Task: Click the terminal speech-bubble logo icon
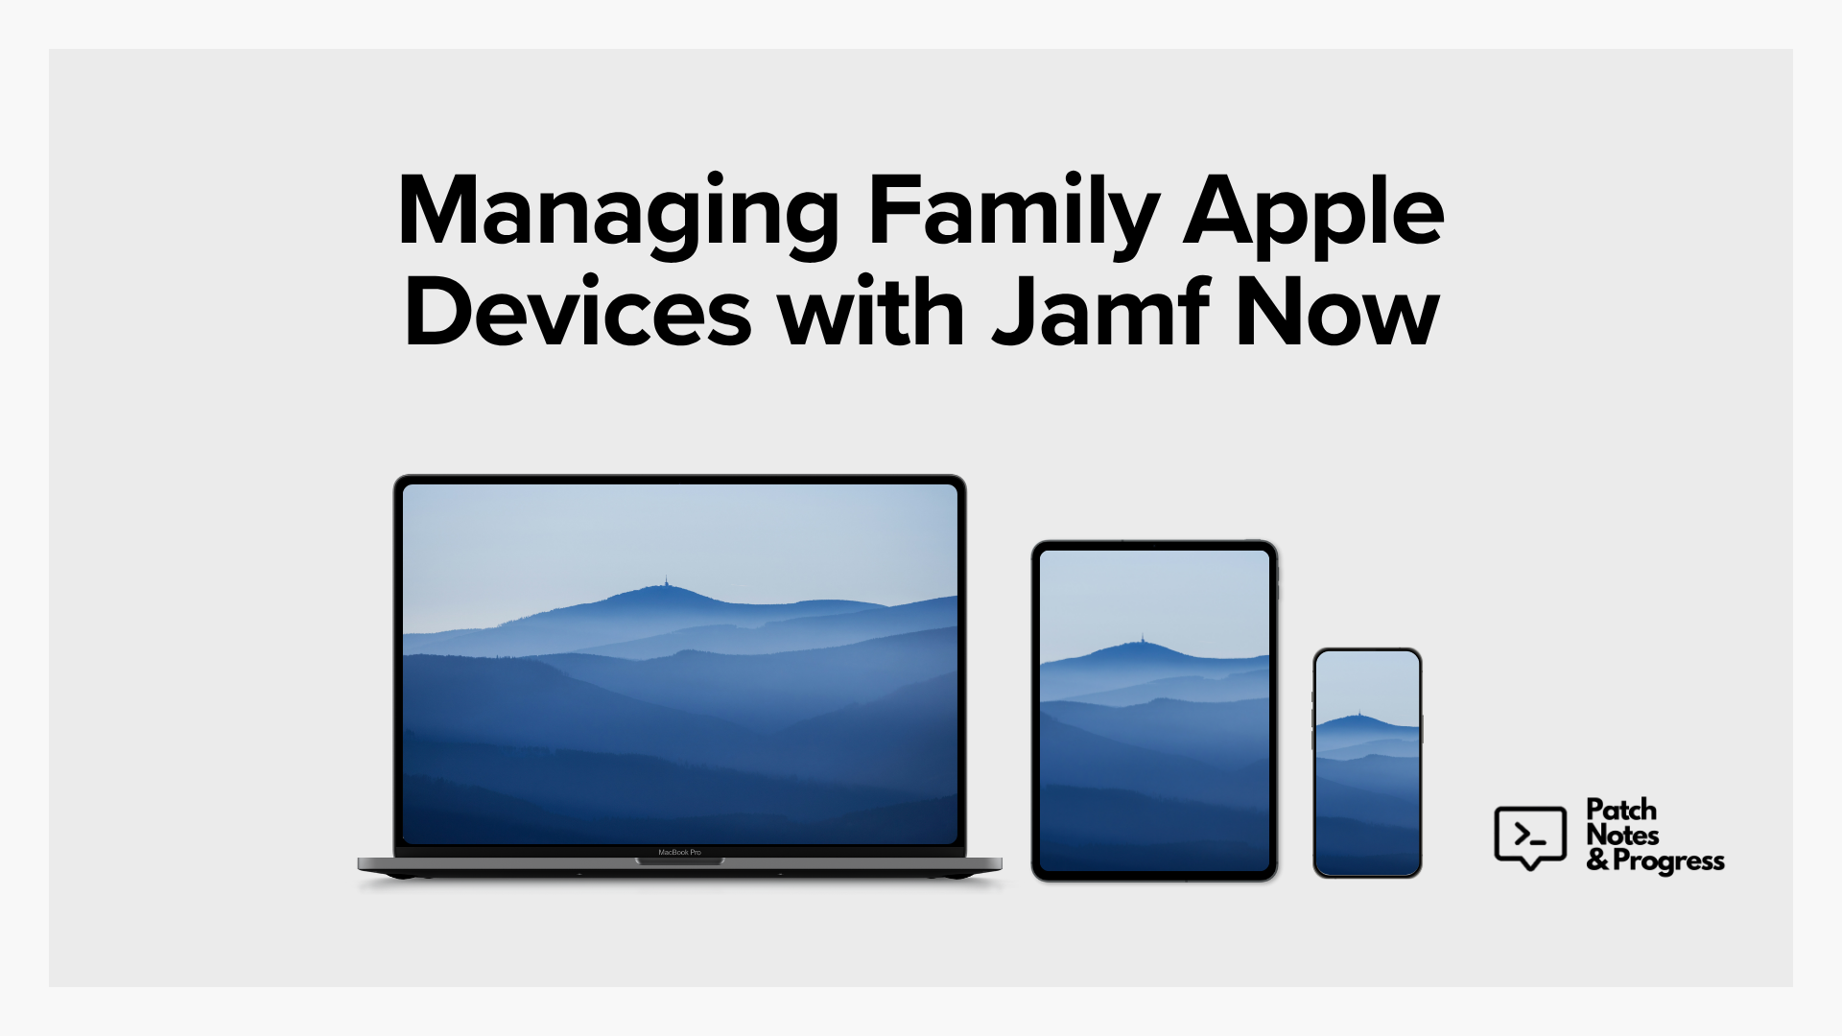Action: [x=1530, y=837]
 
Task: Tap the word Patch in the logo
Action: [x=1621, y=810]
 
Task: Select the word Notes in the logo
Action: [x=1623, y=836]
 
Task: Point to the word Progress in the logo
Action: [x=1668, y=861]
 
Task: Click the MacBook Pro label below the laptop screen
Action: [x=679, y=852]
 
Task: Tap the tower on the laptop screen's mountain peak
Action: [x=667, y=582]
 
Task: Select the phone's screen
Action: [x=1367, y=763]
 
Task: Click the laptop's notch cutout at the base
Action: [x=679, y=861]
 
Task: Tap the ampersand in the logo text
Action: [x=1598, y=860]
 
